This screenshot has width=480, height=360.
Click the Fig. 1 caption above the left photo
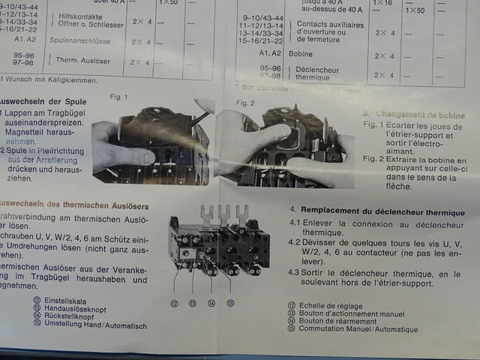point(118,97)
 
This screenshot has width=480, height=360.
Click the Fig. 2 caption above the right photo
point(245,102)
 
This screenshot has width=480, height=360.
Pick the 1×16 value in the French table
point(383,3)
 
